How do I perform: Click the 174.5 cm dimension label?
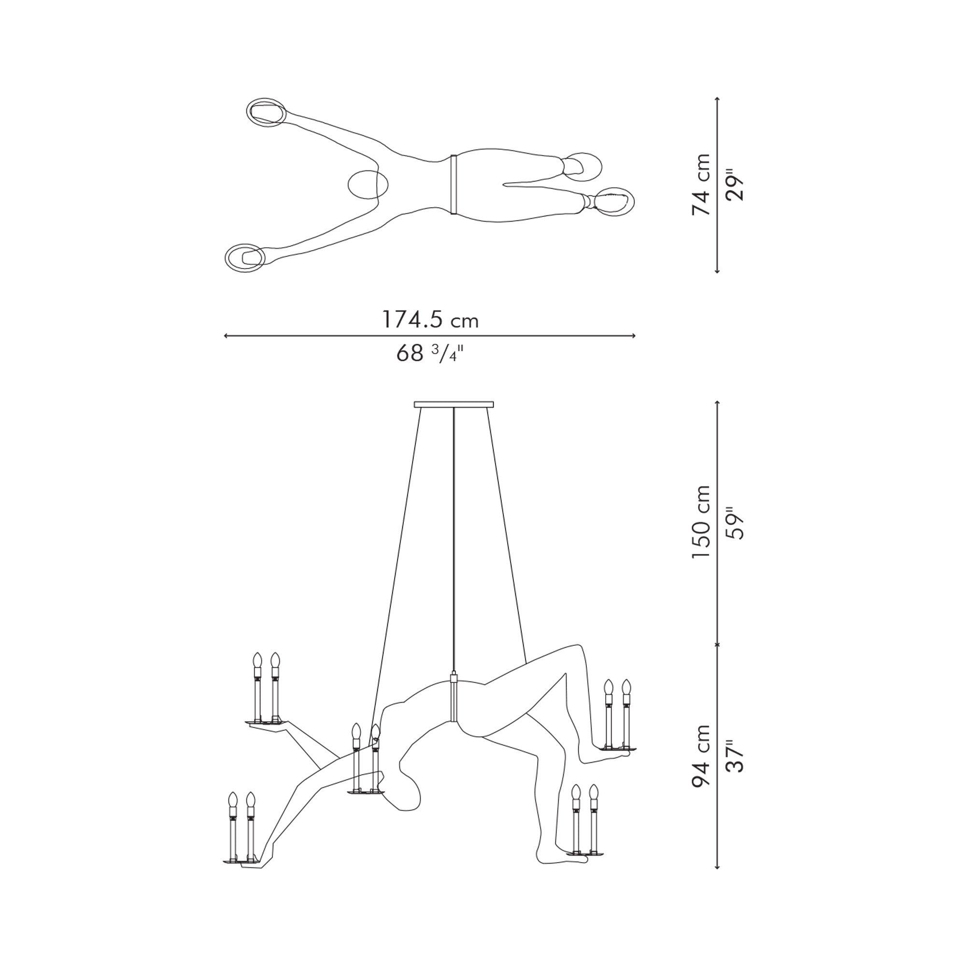(430, 319)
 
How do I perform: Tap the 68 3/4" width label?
(430, 354)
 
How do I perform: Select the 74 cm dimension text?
(701, 185)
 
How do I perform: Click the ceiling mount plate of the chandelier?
(454, 404)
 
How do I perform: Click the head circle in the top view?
(368, 185)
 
